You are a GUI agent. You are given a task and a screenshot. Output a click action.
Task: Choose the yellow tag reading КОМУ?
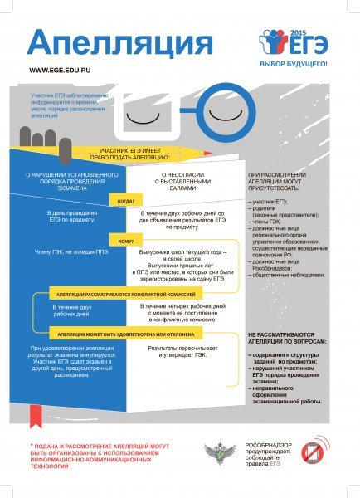[x=124, y=242]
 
